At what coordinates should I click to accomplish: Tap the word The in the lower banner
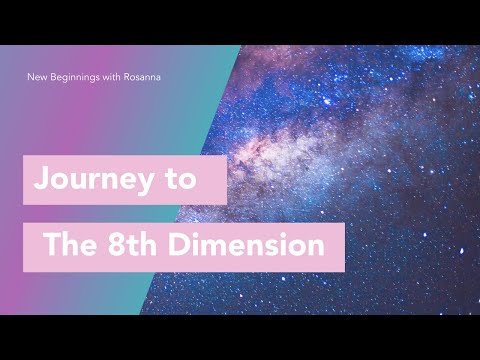click(74, 246)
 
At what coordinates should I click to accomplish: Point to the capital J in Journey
click(41, 180)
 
